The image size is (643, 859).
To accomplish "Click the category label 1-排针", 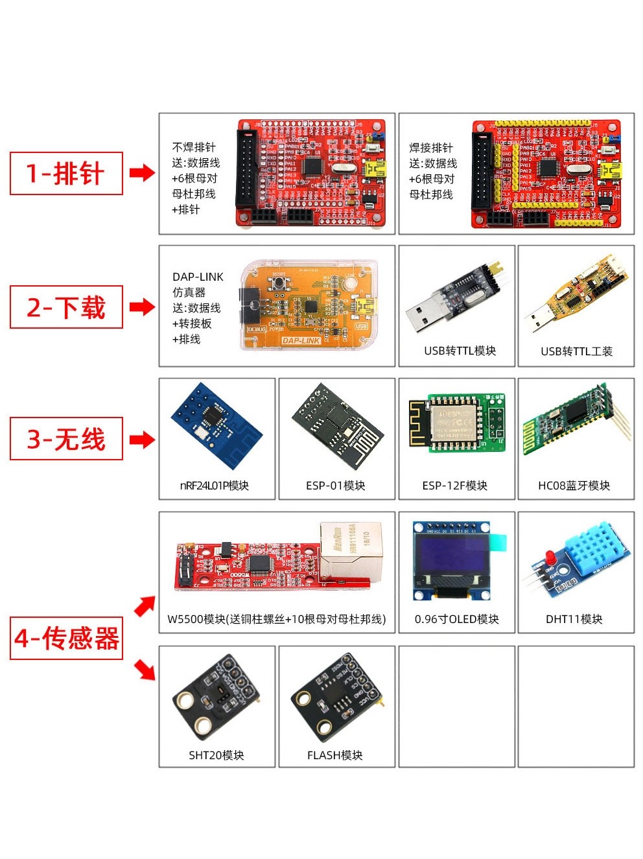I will click(65, 173).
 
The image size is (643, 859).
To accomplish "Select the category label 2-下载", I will click(65, 307).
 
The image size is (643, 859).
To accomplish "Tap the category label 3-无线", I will click(65, 439).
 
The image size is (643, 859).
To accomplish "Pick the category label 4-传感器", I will click(66, 639).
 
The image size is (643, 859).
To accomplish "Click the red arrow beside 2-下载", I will click(142, 307).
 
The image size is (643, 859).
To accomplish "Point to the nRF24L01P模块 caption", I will click(215, 486).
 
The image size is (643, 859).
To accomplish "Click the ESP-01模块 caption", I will click(335, 486).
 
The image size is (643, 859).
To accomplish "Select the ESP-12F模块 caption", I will click(454, 486).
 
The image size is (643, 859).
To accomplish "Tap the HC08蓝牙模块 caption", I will click(574, 486).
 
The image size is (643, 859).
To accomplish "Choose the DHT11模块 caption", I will click(574, 619).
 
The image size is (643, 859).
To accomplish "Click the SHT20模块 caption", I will click(216, 755).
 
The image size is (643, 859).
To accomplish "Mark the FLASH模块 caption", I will click(334, 755).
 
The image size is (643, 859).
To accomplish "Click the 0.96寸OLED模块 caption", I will click(456, 619).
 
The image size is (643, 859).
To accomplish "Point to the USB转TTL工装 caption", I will click(576, 351).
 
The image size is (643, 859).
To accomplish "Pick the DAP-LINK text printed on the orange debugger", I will click(301, 340).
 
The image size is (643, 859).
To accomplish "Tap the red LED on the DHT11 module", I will click(549, 557).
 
